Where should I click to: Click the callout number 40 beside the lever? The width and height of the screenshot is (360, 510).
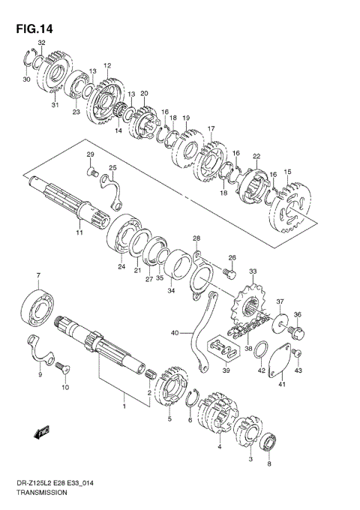tap(175, 332)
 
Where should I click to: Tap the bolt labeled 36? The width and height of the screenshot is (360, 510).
tap(297, 329)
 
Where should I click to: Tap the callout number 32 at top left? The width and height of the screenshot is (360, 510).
tap(42, 44)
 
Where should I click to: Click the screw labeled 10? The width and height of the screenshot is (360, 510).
tap(59, 367)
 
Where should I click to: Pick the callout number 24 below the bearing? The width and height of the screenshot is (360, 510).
tap(120, 265)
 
